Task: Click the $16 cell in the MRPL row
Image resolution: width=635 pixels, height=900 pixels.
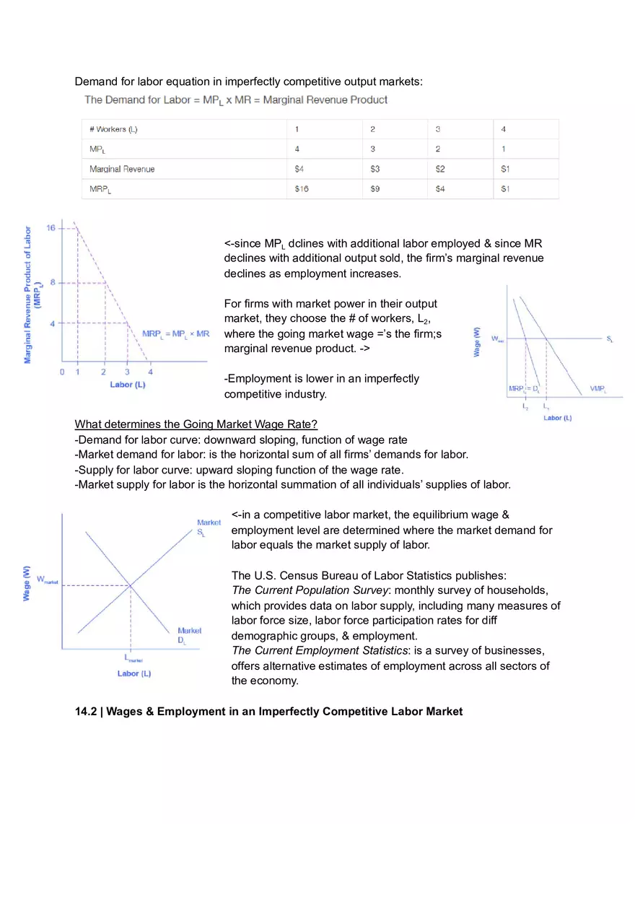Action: pos(302,189)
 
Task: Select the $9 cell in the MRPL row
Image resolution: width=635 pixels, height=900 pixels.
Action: pos(375,189)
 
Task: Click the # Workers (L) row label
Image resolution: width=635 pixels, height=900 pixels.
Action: pos(113,130)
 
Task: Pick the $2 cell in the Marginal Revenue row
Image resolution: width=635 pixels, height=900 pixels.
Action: pos(440,169)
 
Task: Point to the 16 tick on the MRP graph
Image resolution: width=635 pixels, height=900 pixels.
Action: pos(51,228)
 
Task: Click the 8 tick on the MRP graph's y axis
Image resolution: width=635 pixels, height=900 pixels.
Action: pos(53,282)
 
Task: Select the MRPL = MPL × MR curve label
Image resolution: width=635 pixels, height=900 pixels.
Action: pos(176,334)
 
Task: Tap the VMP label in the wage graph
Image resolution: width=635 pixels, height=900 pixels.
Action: pos(597,389)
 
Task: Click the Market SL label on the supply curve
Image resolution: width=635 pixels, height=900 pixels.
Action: pos(209,528)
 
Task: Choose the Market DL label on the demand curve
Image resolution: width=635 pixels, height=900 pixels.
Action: pos(189,635)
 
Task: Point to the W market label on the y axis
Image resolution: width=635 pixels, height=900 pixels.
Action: pos(46,580)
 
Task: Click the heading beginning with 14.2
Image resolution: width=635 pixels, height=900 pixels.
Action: pos(268,712)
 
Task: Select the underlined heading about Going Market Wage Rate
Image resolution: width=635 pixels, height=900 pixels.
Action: pos(196,424)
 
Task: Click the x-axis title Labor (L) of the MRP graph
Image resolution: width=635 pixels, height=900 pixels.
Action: pos(128,385)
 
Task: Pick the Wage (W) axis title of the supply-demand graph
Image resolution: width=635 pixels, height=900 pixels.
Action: pos(27,582)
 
